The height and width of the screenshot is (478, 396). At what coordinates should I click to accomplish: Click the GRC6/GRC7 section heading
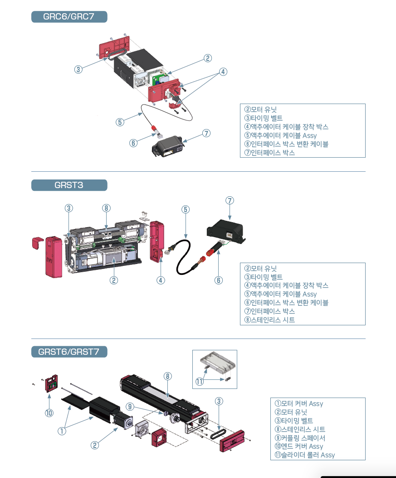69,17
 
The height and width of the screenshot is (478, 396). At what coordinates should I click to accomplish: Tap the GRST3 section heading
69,185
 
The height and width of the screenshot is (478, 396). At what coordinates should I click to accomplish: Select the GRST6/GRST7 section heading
69,352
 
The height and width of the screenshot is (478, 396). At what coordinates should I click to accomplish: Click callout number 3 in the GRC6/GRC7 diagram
78,70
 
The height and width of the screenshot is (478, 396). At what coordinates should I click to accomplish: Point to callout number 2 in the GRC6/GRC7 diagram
207,58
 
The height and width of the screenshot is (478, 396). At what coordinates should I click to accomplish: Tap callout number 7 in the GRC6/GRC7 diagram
206,133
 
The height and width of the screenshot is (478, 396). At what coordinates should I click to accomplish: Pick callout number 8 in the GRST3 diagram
106,208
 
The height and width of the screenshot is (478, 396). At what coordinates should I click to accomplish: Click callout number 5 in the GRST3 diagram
185,209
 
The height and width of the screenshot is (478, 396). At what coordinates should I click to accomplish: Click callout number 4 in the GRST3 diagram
161,280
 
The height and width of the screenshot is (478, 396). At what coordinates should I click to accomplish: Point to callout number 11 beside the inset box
200,382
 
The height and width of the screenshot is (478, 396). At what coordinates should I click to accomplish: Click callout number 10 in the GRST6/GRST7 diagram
49,413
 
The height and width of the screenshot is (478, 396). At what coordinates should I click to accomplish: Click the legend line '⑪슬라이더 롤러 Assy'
305,455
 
